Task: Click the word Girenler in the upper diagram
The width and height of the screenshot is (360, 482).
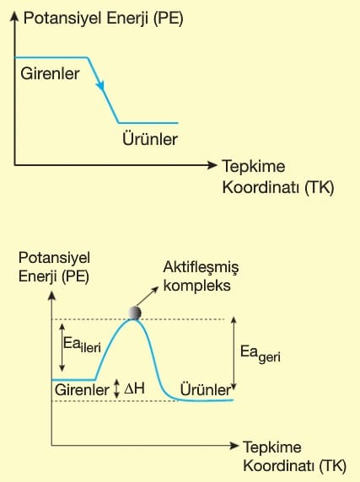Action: (50, 74)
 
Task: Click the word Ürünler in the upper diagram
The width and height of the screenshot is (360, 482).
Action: (150, 139)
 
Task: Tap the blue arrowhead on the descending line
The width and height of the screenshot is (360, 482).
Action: (100, 85)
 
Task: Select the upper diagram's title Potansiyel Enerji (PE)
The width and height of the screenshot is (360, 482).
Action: (104, 19)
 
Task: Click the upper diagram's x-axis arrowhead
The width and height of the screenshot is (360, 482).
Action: (212, 165)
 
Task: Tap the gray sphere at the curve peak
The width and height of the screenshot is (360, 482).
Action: (135, 313)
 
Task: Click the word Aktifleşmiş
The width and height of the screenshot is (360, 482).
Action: (201, 268)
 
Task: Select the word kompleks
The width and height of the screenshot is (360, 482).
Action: (196, 286)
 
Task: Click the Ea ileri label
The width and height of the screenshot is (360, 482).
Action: (82, 344)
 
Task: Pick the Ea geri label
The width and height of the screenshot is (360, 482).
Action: (260, 354)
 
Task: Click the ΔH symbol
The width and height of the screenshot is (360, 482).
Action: (134, 388)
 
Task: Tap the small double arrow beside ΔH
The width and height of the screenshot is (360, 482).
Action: (116, 388)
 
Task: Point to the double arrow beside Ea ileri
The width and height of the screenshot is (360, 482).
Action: (62, 347)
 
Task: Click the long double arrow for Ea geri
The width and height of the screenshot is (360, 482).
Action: (234, 354)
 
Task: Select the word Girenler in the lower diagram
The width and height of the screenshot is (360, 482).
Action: (82, 390)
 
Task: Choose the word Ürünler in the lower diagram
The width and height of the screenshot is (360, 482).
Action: (206, 390)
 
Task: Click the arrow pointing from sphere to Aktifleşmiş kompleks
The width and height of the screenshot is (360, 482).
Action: (148, 297)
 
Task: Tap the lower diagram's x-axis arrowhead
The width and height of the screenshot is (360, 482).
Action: (234, 446)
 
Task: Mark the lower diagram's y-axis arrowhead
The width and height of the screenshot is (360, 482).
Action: (51, 296)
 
